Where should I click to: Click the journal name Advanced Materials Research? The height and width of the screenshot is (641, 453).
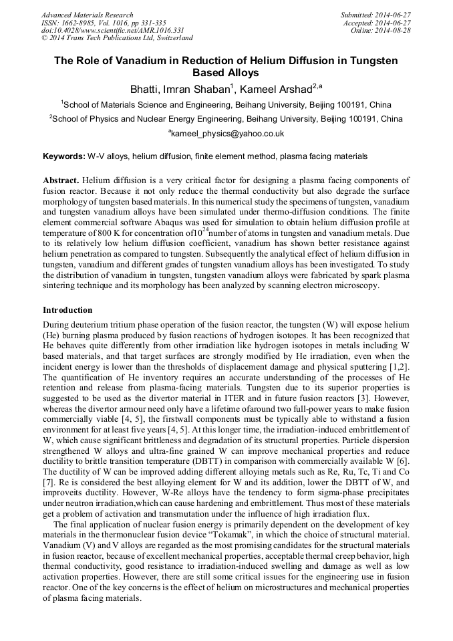(87, 15)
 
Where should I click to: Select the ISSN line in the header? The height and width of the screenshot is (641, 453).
(104, 23)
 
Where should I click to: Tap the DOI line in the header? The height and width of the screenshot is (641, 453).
(112, 30)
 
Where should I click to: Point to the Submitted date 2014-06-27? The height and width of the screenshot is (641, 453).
(375, 15)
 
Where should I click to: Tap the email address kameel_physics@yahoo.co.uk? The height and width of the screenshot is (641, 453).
(226, 133)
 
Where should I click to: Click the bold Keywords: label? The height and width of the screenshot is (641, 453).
(64, 156)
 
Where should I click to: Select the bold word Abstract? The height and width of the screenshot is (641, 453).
(61, 180)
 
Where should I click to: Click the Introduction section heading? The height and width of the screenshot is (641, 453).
(67, 310)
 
